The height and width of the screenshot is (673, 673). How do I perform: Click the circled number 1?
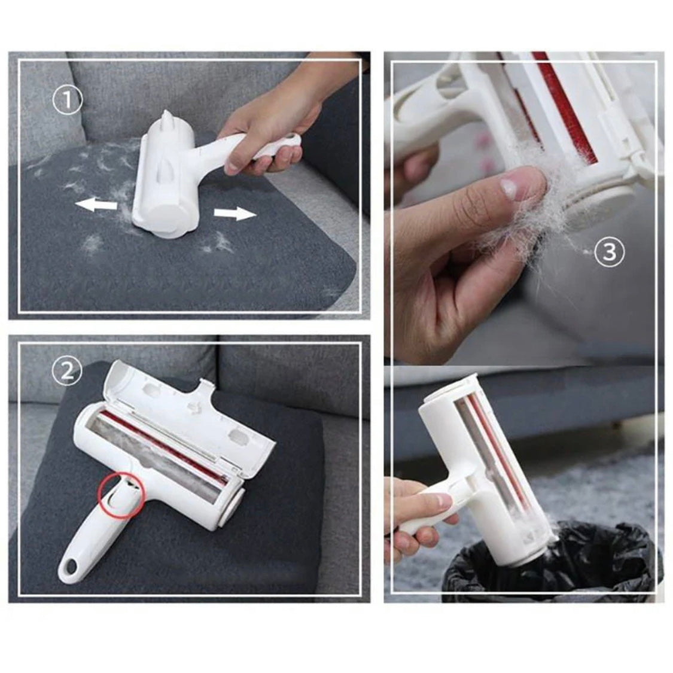pyautogui.click(x=67, y=101)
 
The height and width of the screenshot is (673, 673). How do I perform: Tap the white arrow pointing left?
pyautogui.click(x=96, y=205)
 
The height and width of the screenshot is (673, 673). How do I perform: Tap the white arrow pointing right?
pyautogui.click(x=235, y=213)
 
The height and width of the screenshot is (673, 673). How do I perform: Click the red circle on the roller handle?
pyautogui.click(x=121, y=493)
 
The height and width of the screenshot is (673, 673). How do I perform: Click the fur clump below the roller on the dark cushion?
pyautogui.click(x=93, y=243)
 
